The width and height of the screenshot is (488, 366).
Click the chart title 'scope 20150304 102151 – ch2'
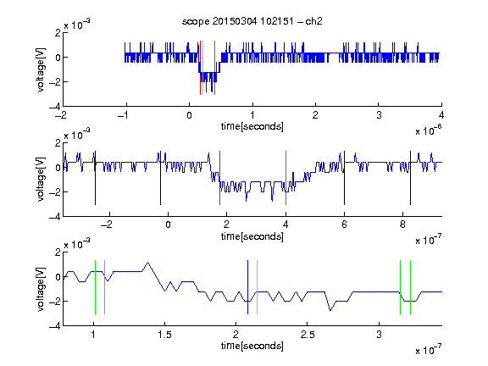tap(252, 21)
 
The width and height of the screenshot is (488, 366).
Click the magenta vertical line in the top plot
tap(214, 68)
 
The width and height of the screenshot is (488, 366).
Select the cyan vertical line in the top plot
tap(203, 68)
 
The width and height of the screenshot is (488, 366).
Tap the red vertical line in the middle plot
tap(219, 178)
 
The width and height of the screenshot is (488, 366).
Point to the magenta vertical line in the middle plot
tap(286, 178)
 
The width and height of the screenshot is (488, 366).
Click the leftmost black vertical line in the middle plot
tap(95, 178)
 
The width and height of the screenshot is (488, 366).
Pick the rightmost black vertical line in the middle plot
tap(410, 178)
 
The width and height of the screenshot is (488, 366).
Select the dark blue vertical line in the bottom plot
tap(247, 287)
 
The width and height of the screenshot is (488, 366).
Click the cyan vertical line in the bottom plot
tap(257, 287)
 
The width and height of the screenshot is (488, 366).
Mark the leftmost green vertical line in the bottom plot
tap(95, 287)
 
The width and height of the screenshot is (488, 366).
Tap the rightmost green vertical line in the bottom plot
tap(411, 287)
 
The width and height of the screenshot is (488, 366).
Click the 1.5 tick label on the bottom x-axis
tap(164, 335)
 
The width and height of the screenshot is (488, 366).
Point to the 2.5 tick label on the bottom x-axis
tap(308, 335)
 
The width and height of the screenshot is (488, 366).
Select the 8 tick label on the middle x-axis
tap(402, 225)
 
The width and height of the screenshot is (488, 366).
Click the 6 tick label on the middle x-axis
tap(344, 225)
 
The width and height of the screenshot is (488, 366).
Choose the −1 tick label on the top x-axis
tap(124, 115)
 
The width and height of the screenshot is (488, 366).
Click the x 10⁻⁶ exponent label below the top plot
tap(429, 130)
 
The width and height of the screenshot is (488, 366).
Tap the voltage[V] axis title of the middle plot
tap(41, 179)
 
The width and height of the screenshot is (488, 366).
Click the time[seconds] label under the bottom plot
tap(252, 346)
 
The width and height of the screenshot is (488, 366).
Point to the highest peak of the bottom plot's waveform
tap(147, 263)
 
